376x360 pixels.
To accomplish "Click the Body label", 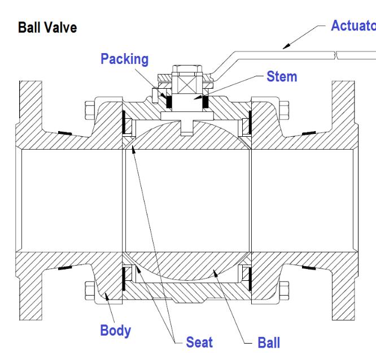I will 116,331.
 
